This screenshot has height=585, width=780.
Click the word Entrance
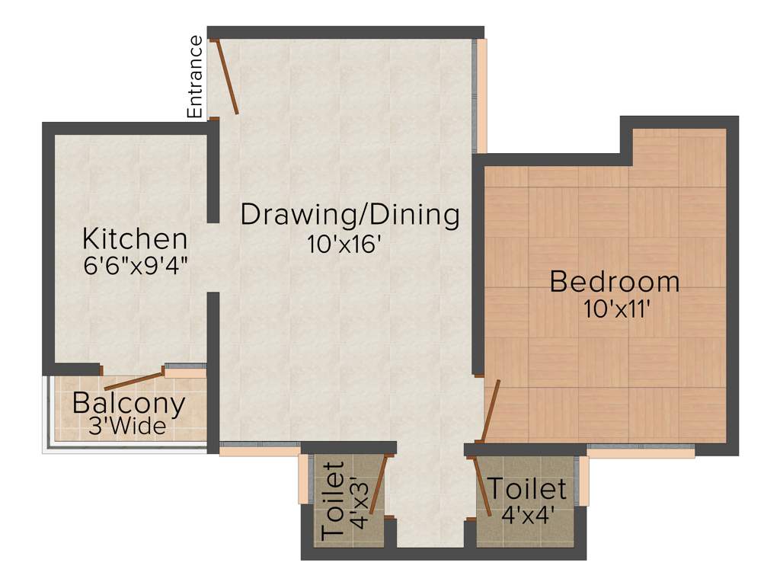(196, 77)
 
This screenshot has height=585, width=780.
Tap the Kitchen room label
(135, 239)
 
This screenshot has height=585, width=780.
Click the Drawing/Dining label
(350, 215)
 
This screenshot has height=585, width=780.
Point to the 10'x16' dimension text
(344, 245)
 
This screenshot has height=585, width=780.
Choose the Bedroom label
(615, 282)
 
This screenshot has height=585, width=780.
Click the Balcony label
(129, 404)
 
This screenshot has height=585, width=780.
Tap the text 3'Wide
(127, 427)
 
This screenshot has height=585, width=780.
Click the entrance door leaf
(227, 77)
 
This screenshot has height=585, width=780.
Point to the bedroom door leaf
(491, 411)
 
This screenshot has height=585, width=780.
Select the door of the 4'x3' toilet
(379, 487)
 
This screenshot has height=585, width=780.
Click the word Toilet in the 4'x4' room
(527, 488)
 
